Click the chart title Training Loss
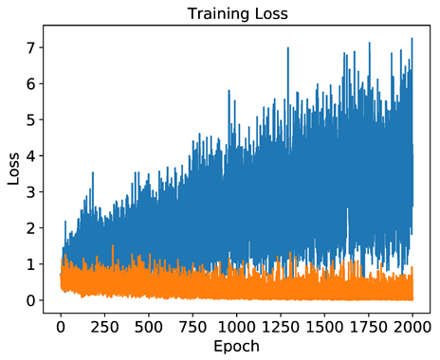point(234,14)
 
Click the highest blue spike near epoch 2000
point(412,40)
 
